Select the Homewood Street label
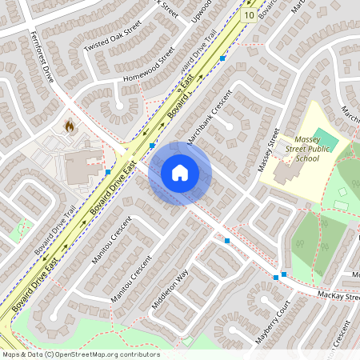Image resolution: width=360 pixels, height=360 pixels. [148, 68]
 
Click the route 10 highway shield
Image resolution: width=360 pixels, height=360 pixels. [250, 15]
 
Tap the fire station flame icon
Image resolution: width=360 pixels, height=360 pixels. [70, 126]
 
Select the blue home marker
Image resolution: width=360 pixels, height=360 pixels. [180, 173]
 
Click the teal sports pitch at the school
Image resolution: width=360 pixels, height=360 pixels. [326, 137]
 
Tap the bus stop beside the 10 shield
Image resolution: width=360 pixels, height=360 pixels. [222, 58]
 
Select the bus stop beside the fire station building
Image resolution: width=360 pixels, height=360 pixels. [107, 172]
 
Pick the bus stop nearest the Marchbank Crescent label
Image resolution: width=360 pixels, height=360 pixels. [152, 146]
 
